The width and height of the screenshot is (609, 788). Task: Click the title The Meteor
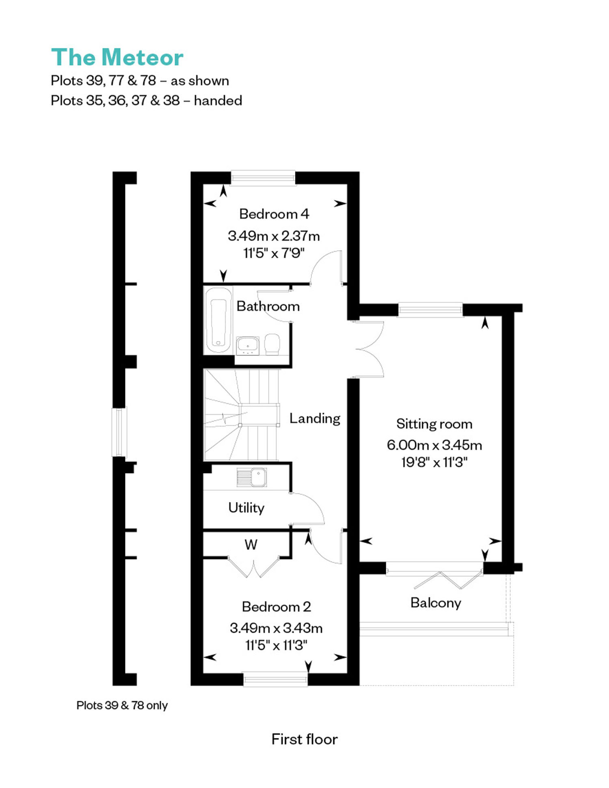117,57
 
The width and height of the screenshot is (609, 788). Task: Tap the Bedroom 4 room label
274,214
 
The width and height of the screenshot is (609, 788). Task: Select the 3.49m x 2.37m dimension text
274,236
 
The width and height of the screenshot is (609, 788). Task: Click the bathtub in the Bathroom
218,321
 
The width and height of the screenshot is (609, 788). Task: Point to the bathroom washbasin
248,345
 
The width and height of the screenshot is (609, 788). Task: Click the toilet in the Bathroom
272,344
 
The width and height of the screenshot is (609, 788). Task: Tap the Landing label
315,418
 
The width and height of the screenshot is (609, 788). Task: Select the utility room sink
252,477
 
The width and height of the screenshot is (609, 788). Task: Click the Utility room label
246,508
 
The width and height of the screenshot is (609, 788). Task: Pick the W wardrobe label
251,545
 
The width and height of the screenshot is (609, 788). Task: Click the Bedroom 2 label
276,607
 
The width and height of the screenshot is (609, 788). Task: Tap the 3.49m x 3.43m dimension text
276,628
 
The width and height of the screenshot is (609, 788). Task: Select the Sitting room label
434,424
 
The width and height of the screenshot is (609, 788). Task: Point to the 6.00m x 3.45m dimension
434,445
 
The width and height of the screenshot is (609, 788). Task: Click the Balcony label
436,603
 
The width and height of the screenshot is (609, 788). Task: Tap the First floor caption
304,739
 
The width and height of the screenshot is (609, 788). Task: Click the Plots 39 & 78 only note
122,705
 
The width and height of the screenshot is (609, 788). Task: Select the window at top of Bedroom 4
263,178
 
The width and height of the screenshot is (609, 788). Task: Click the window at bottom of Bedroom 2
276,679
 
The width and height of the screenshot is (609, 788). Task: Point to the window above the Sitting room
430,310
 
